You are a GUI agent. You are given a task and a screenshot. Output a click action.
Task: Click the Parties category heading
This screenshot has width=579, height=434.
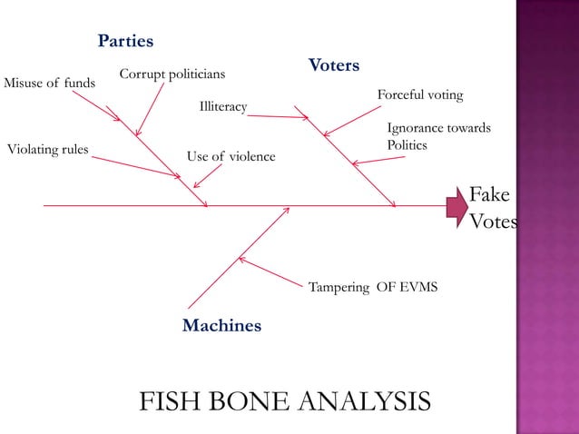[125, 42]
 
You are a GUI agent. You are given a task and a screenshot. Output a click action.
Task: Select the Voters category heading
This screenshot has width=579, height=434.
[333, 66]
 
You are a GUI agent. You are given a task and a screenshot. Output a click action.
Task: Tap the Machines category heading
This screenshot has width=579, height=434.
[221, 325]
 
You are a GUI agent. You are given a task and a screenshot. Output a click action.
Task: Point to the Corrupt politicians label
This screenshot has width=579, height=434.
[172, 74]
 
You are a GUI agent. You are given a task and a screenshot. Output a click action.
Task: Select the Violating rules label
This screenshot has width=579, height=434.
[47, 149]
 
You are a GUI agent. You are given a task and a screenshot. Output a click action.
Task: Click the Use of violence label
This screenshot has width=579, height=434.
[231, 156]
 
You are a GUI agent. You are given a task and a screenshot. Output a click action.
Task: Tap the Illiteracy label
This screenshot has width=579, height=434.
[223, 107]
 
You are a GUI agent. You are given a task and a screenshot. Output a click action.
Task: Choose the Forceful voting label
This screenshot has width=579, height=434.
[420, 94]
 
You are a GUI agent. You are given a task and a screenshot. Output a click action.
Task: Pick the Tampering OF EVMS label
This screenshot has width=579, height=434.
[373, 287]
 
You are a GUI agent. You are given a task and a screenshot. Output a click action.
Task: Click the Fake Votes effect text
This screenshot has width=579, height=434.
[490, 208]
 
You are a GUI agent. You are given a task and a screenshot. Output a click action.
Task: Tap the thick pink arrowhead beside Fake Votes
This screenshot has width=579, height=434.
[456, 207]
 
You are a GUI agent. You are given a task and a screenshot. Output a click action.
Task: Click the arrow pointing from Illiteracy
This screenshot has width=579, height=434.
[280, 114]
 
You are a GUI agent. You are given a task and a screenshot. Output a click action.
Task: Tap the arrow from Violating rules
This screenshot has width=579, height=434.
[136, 165]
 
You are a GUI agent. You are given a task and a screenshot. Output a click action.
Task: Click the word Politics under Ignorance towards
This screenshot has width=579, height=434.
[407, 145]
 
